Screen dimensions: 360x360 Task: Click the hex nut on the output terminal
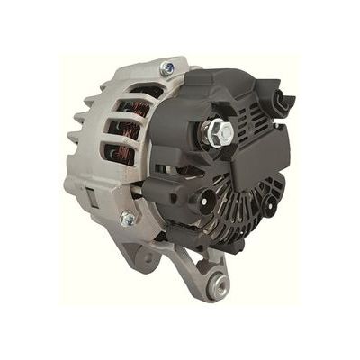(x=219, y=133)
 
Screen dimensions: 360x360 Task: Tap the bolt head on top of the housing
(x=168, y=68)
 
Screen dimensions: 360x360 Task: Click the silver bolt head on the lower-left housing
(x=129, y=218)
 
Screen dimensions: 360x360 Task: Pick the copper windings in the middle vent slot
(x=126, y=125)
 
